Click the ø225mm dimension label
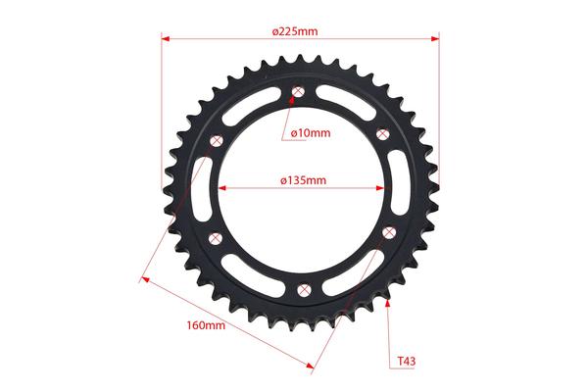[x=295, y=31]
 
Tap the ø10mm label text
[x=311, y=133]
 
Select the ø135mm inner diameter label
[x=304, y=180]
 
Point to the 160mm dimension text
[x=206, y=325]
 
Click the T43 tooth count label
[x=407, y=362]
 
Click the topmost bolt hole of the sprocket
[x=298, y=91]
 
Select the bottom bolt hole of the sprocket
[x=304, y=290]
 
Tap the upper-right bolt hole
[x=382, y=134]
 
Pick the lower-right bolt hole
[x=389, y=232]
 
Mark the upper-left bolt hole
[x=217, y=141]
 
